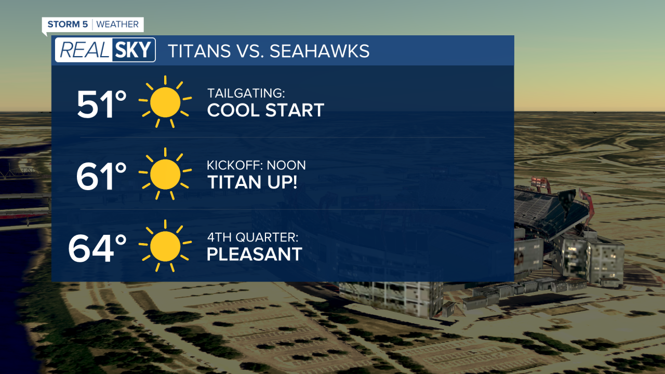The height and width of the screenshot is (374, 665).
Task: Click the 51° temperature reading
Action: pos(102,104)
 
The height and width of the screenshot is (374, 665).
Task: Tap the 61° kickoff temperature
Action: pos(102,177)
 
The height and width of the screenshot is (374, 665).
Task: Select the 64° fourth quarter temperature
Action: pos(98,248)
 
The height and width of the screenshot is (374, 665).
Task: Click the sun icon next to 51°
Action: pos(165,102)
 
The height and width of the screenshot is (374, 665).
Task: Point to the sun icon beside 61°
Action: pos(165,174)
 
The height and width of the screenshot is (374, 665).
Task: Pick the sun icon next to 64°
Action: pos(165,246)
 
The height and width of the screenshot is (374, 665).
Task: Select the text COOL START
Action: pos(265,110)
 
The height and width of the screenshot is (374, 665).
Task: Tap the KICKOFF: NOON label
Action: pos(256,166)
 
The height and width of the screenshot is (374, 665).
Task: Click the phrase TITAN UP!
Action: pos(252,182)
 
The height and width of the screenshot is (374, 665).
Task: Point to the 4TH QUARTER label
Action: pos(252,237)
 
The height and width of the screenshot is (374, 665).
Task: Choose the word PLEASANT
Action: pos(255,254)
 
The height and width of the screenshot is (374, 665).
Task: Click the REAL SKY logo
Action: pos(105,50)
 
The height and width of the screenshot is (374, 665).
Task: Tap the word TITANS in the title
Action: pos(199,51)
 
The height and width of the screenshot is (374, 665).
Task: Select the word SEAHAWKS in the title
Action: pos(319,51)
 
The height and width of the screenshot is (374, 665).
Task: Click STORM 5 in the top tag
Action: pos(68,24)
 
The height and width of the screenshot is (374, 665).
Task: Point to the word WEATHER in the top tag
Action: pos(117,24)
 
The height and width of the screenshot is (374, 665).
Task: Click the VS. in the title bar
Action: pos(249,51)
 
